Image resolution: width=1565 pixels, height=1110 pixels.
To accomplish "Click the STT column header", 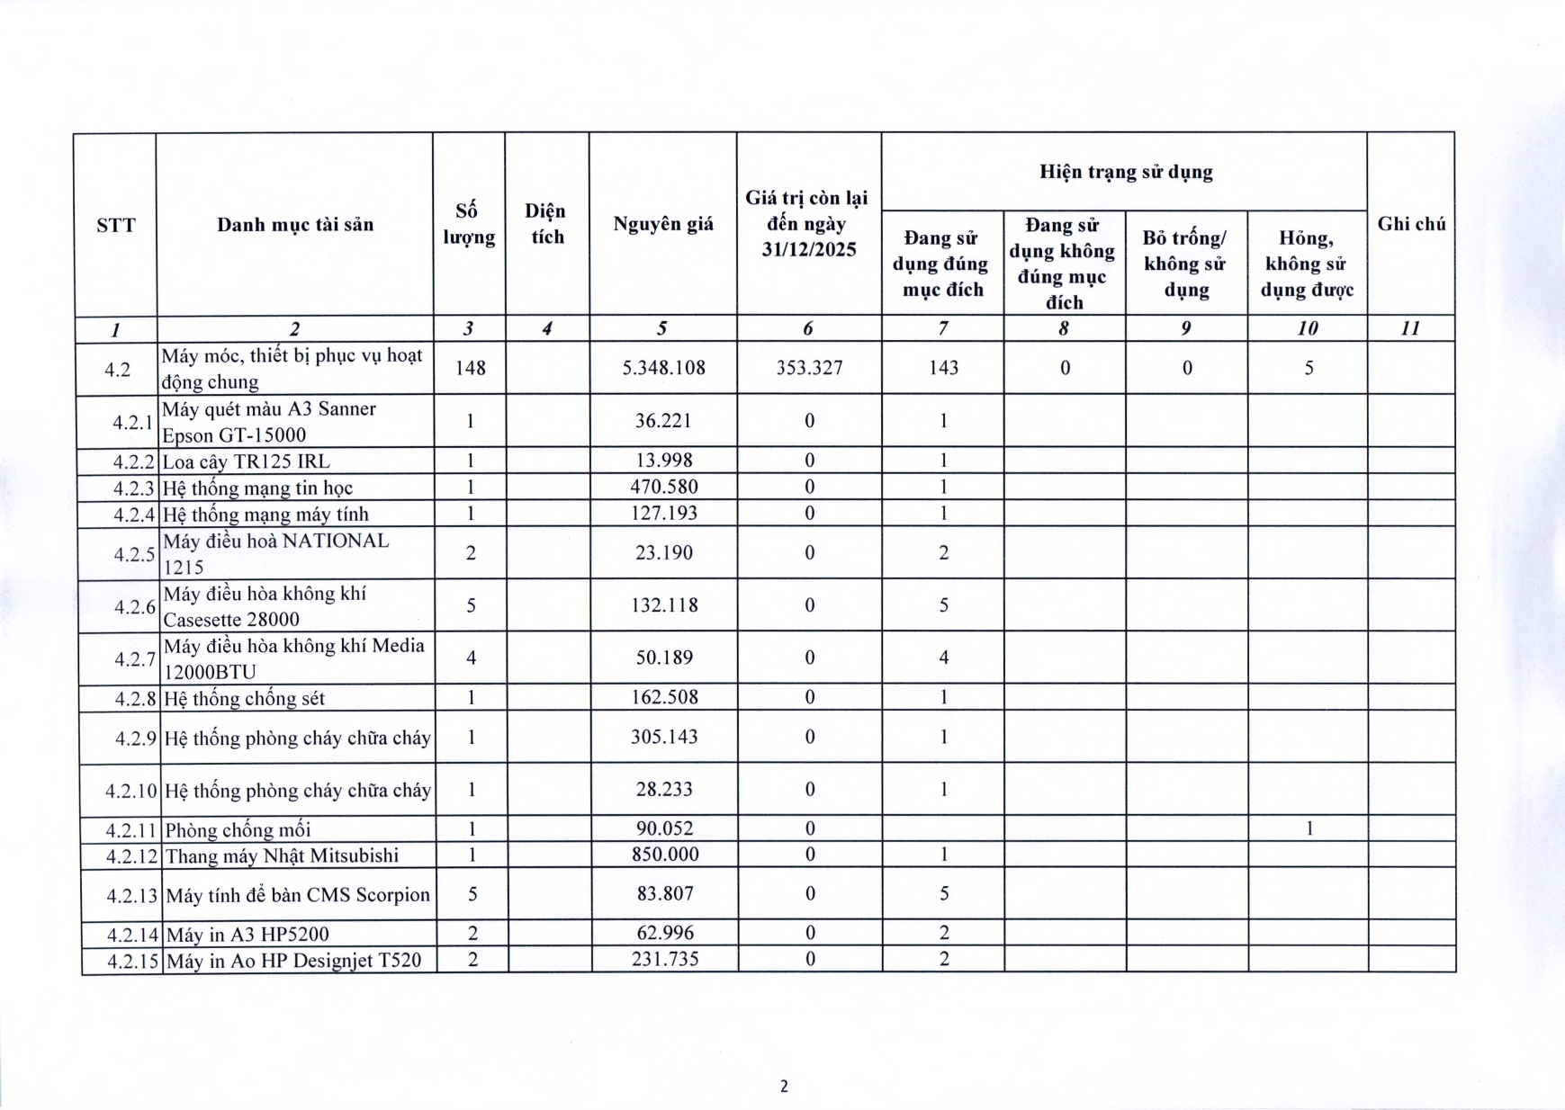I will click(x=115, y=225).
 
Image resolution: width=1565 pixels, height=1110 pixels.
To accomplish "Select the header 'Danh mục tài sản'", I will click(x=294, y=225).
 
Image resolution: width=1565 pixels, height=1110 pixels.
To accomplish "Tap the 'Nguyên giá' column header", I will click(x=663, y=224).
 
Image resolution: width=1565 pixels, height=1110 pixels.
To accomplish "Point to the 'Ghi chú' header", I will click(x=1410, y=224).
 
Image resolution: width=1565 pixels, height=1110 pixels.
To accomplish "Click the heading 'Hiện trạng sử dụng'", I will click(x=1125, y=172).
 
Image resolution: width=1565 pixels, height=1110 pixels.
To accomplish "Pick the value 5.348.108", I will click(x=663, y=368).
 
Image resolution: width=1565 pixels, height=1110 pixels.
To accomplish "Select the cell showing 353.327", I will click(x=808, y=368).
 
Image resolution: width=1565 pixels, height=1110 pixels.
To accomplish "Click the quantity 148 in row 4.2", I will click(x=470, y=368).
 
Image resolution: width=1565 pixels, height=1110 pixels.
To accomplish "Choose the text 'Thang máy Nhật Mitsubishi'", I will click(x=282, y=855).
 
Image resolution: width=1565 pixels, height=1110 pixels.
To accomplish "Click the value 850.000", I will click(x=664, y=855).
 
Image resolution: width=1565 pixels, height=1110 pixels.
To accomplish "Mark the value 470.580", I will click(x=664, y=488).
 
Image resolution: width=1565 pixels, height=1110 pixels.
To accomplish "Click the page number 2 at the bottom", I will click(x=784, y=1087).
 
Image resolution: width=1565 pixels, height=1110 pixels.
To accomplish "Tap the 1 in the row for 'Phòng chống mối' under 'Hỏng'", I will click(x=1309, y=828).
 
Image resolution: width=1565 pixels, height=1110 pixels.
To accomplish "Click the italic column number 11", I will click(x=1410, y=329).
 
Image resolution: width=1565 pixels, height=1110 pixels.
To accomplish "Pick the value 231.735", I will click(x=664, y=960).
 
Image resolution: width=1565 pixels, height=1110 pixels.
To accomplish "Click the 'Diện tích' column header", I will click(x=546, y=224).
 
